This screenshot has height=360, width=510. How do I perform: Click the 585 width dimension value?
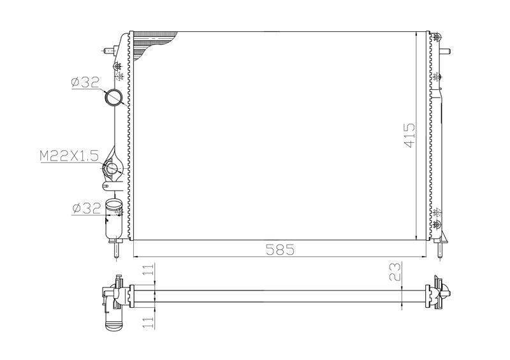(x=280, y=249)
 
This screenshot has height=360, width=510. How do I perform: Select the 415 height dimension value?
(x=409, y=135)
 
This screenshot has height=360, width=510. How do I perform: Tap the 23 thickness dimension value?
(x=395, y=272)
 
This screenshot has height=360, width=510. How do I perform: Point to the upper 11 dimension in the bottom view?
(x=149, y=270)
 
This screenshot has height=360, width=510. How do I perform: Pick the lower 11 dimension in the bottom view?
(x=149, y=322)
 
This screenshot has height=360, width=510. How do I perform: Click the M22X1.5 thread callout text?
(x=69, y=155)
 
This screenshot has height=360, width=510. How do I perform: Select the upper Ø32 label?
(x=85, y=83)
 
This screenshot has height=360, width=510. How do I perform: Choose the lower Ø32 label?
(x=87, y=208)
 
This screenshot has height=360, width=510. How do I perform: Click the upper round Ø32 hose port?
(x=113, y=97)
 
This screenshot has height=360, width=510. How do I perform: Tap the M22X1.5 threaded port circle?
(x=112, y=169)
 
